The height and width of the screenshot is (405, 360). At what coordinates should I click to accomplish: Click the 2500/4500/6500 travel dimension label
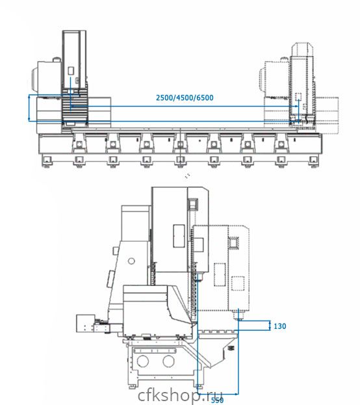(185, 98)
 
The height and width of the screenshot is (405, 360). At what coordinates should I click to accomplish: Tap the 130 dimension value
(280, 326)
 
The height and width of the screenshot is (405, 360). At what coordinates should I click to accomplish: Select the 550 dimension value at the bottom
(217, 400)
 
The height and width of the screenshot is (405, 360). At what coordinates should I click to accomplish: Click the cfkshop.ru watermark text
(180, 395)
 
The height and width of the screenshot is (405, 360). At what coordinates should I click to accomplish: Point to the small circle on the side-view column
(131, 261)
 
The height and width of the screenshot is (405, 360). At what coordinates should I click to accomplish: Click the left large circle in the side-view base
(143, 361)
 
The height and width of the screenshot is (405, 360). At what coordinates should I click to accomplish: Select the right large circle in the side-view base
(168, 361)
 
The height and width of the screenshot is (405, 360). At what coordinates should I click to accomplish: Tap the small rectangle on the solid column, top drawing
(71, 71)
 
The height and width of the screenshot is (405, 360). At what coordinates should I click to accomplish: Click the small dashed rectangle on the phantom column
(298, 97)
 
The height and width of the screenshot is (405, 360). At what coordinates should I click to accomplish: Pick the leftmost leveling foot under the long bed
(47, 161)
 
